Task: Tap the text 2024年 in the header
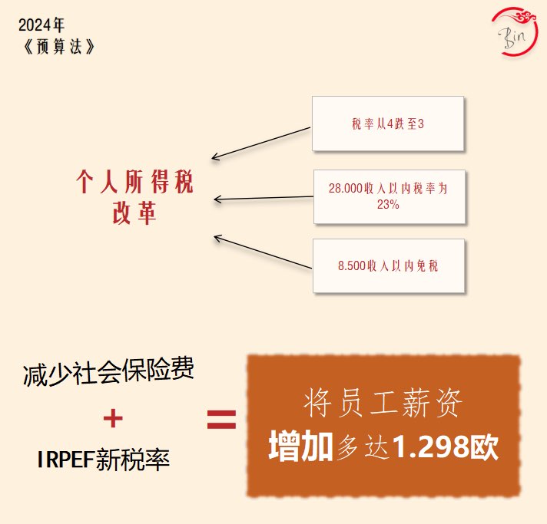pos(42,25)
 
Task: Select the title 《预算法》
pos(59,45)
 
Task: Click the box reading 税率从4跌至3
pos(387,124)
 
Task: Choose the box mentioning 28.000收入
pos(389,196)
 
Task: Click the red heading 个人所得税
pos(134,183)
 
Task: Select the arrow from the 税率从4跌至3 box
pos(261,143)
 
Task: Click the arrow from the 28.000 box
pos(264,199)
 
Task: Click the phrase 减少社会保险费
pos(108,374)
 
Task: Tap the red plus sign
pos(113,418)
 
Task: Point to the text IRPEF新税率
pos(103,460)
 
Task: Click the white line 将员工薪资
pos(383,403)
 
